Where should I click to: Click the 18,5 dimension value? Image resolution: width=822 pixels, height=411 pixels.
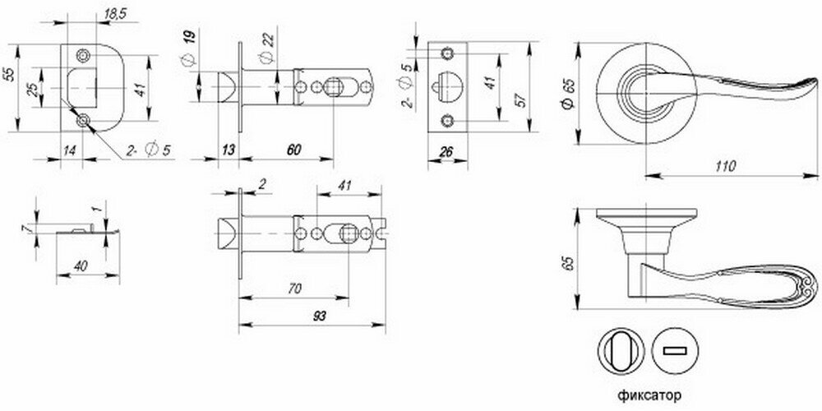[113, 15]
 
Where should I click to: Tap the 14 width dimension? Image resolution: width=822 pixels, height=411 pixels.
[70, 150]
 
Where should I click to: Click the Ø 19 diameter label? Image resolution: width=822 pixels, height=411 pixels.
[190, 48]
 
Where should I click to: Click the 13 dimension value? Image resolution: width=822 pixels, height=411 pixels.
[228, 150]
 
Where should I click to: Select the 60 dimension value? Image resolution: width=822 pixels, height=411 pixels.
[293, 150]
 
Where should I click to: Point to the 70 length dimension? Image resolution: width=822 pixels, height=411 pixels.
[295, 289]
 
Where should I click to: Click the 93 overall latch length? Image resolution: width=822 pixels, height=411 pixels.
[319, 316]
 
